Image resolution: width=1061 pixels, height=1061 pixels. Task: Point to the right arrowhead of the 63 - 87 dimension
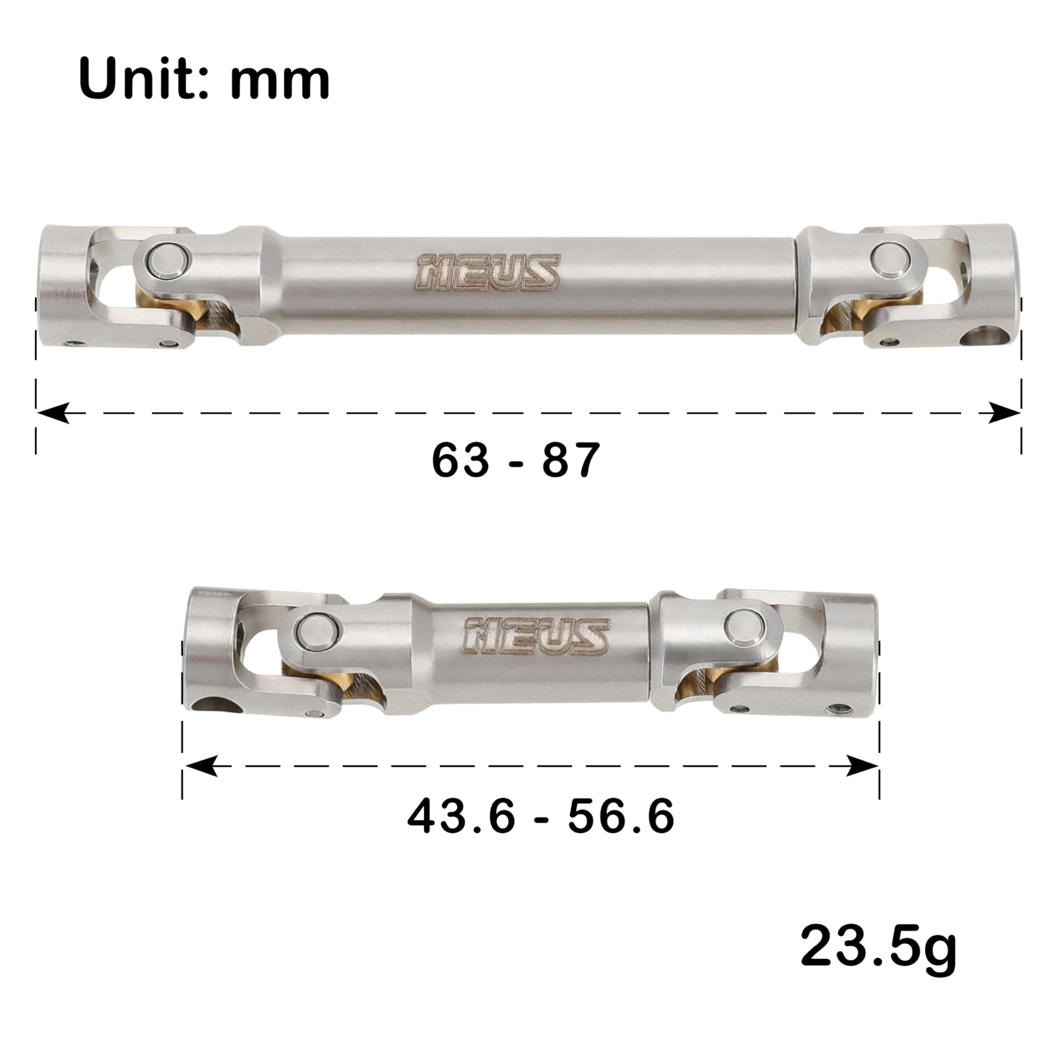(1004, 412)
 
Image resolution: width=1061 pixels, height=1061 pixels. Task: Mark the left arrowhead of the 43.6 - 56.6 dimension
(201, 765)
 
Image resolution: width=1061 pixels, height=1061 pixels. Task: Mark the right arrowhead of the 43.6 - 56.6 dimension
(861, 765)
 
